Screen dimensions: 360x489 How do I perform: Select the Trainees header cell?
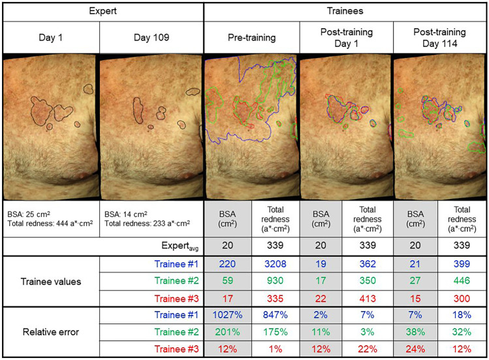[345, 12]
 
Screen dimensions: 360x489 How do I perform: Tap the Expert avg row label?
[178, 247]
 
